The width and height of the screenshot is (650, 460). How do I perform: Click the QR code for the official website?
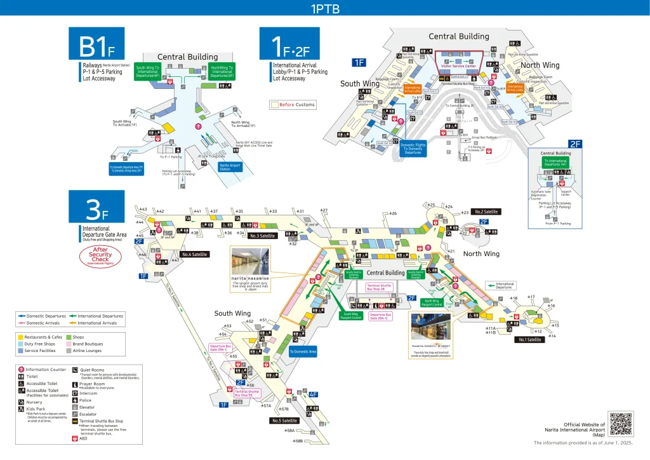tap(620, 424)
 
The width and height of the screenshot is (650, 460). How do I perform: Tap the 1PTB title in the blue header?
tap(324, 9)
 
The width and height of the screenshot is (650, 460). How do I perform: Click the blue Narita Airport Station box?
tap(230, 167)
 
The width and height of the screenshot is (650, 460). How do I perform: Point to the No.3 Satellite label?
tap(262, 236)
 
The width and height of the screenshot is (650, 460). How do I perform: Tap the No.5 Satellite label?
tap(284, 421)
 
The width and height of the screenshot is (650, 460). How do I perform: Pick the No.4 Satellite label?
tap(195, 254)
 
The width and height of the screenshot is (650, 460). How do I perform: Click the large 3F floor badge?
tap(96, 206)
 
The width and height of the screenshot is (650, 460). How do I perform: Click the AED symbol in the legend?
tap(75, 438)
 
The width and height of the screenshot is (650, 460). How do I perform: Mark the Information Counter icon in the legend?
tap(22, 370)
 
